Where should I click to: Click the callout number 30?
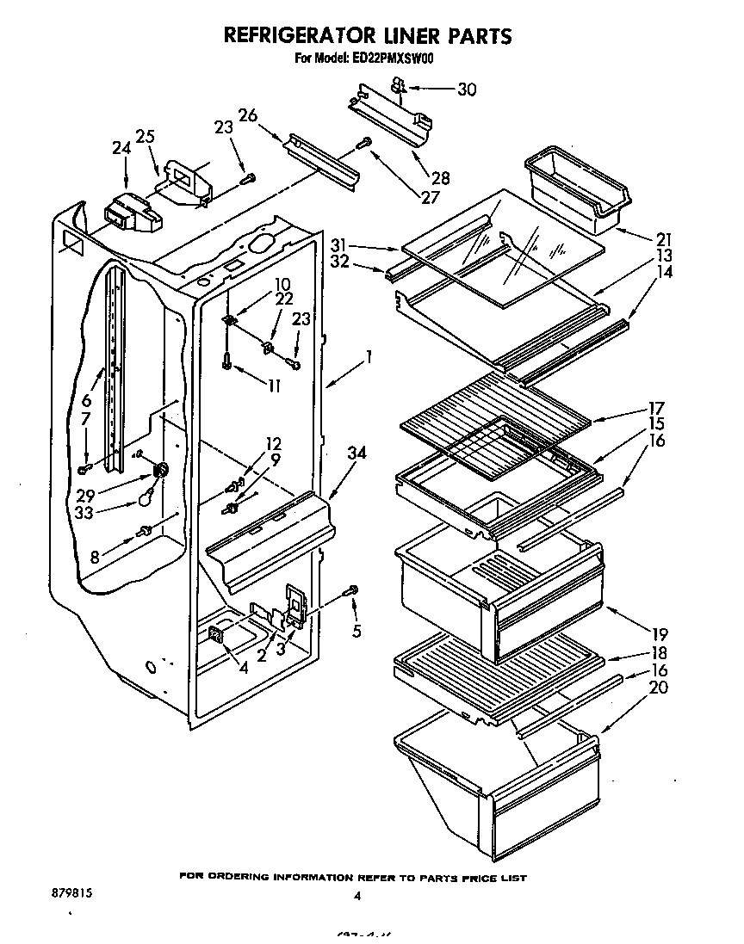point(466,89)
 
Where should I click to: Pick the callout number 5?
point(356,632)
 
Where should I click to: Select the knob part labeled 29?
point(159,472)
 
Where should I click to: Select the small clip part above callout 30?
point(398,84)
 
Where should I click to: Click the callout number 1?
point(369,354)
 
